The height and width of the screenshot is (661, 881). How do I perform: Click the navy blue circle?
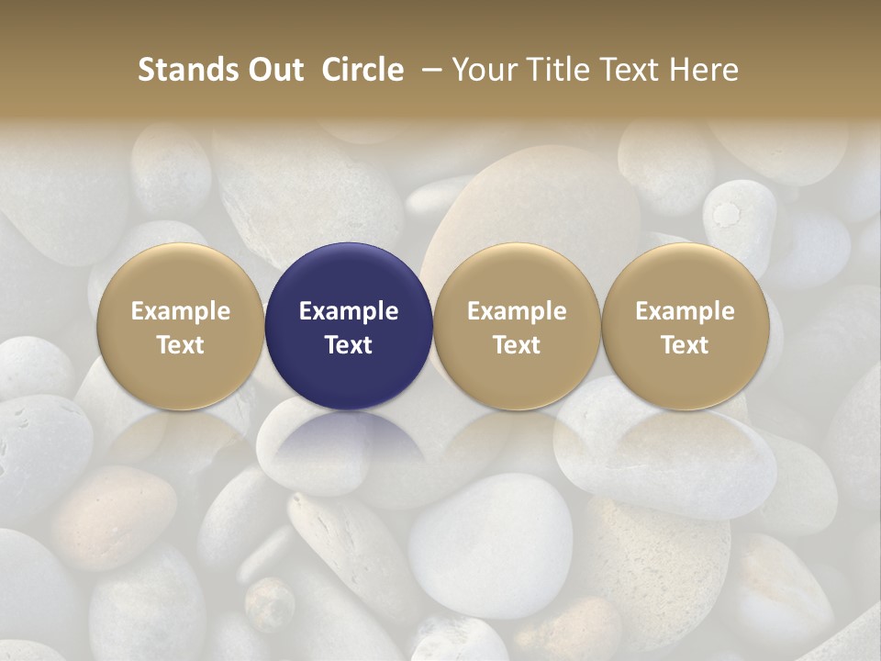point(349,275)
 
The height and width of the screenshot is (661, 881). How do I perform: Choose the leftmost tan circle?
point(180,275)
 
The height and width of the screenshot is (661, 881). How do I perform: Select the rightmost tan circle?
point(685,275)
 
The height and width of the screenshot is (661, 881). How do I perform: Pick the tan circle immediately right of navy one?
point(517,275)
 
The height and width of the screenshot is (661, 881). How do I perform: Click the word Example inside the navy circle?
point(349,311)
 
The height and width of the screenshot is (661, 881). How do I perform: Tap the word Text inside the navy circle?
point(349,345)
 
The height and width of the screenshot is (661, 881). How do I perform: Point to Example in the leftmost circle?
point(180,311)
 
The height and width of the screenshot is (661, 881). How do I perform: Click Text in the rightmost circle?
point(685,345)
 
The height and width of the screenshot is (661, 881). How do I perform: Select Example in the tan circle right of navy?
point(517,311)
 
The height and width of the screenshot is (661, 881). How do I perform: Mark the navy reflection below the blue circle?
point(349,445)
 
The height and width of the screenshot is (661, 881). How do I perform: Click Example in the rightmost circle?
point(685,311)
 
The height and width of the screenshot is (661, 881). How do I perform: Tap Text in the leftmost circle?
point(180,345)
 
